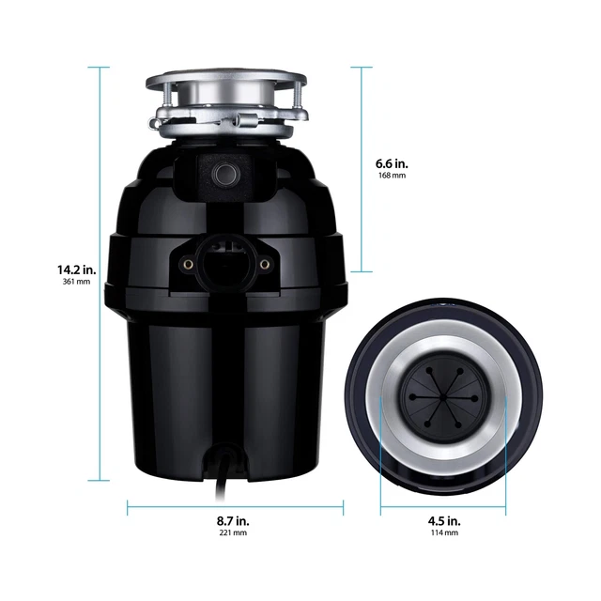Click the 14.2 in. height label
pyautogui.click(x=74, y=270)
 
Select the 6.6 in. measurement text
pyautogui.click(x=391, y=162)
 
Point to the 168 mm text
pyautogui.click(x=391, y=176)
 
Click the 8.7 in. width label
pyautogui.click(x=234, y=519)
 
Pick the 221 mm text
pyautogui.click(x=234, y=532)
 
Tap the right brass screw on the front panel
pyautogui.click(x=265, y=265)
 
